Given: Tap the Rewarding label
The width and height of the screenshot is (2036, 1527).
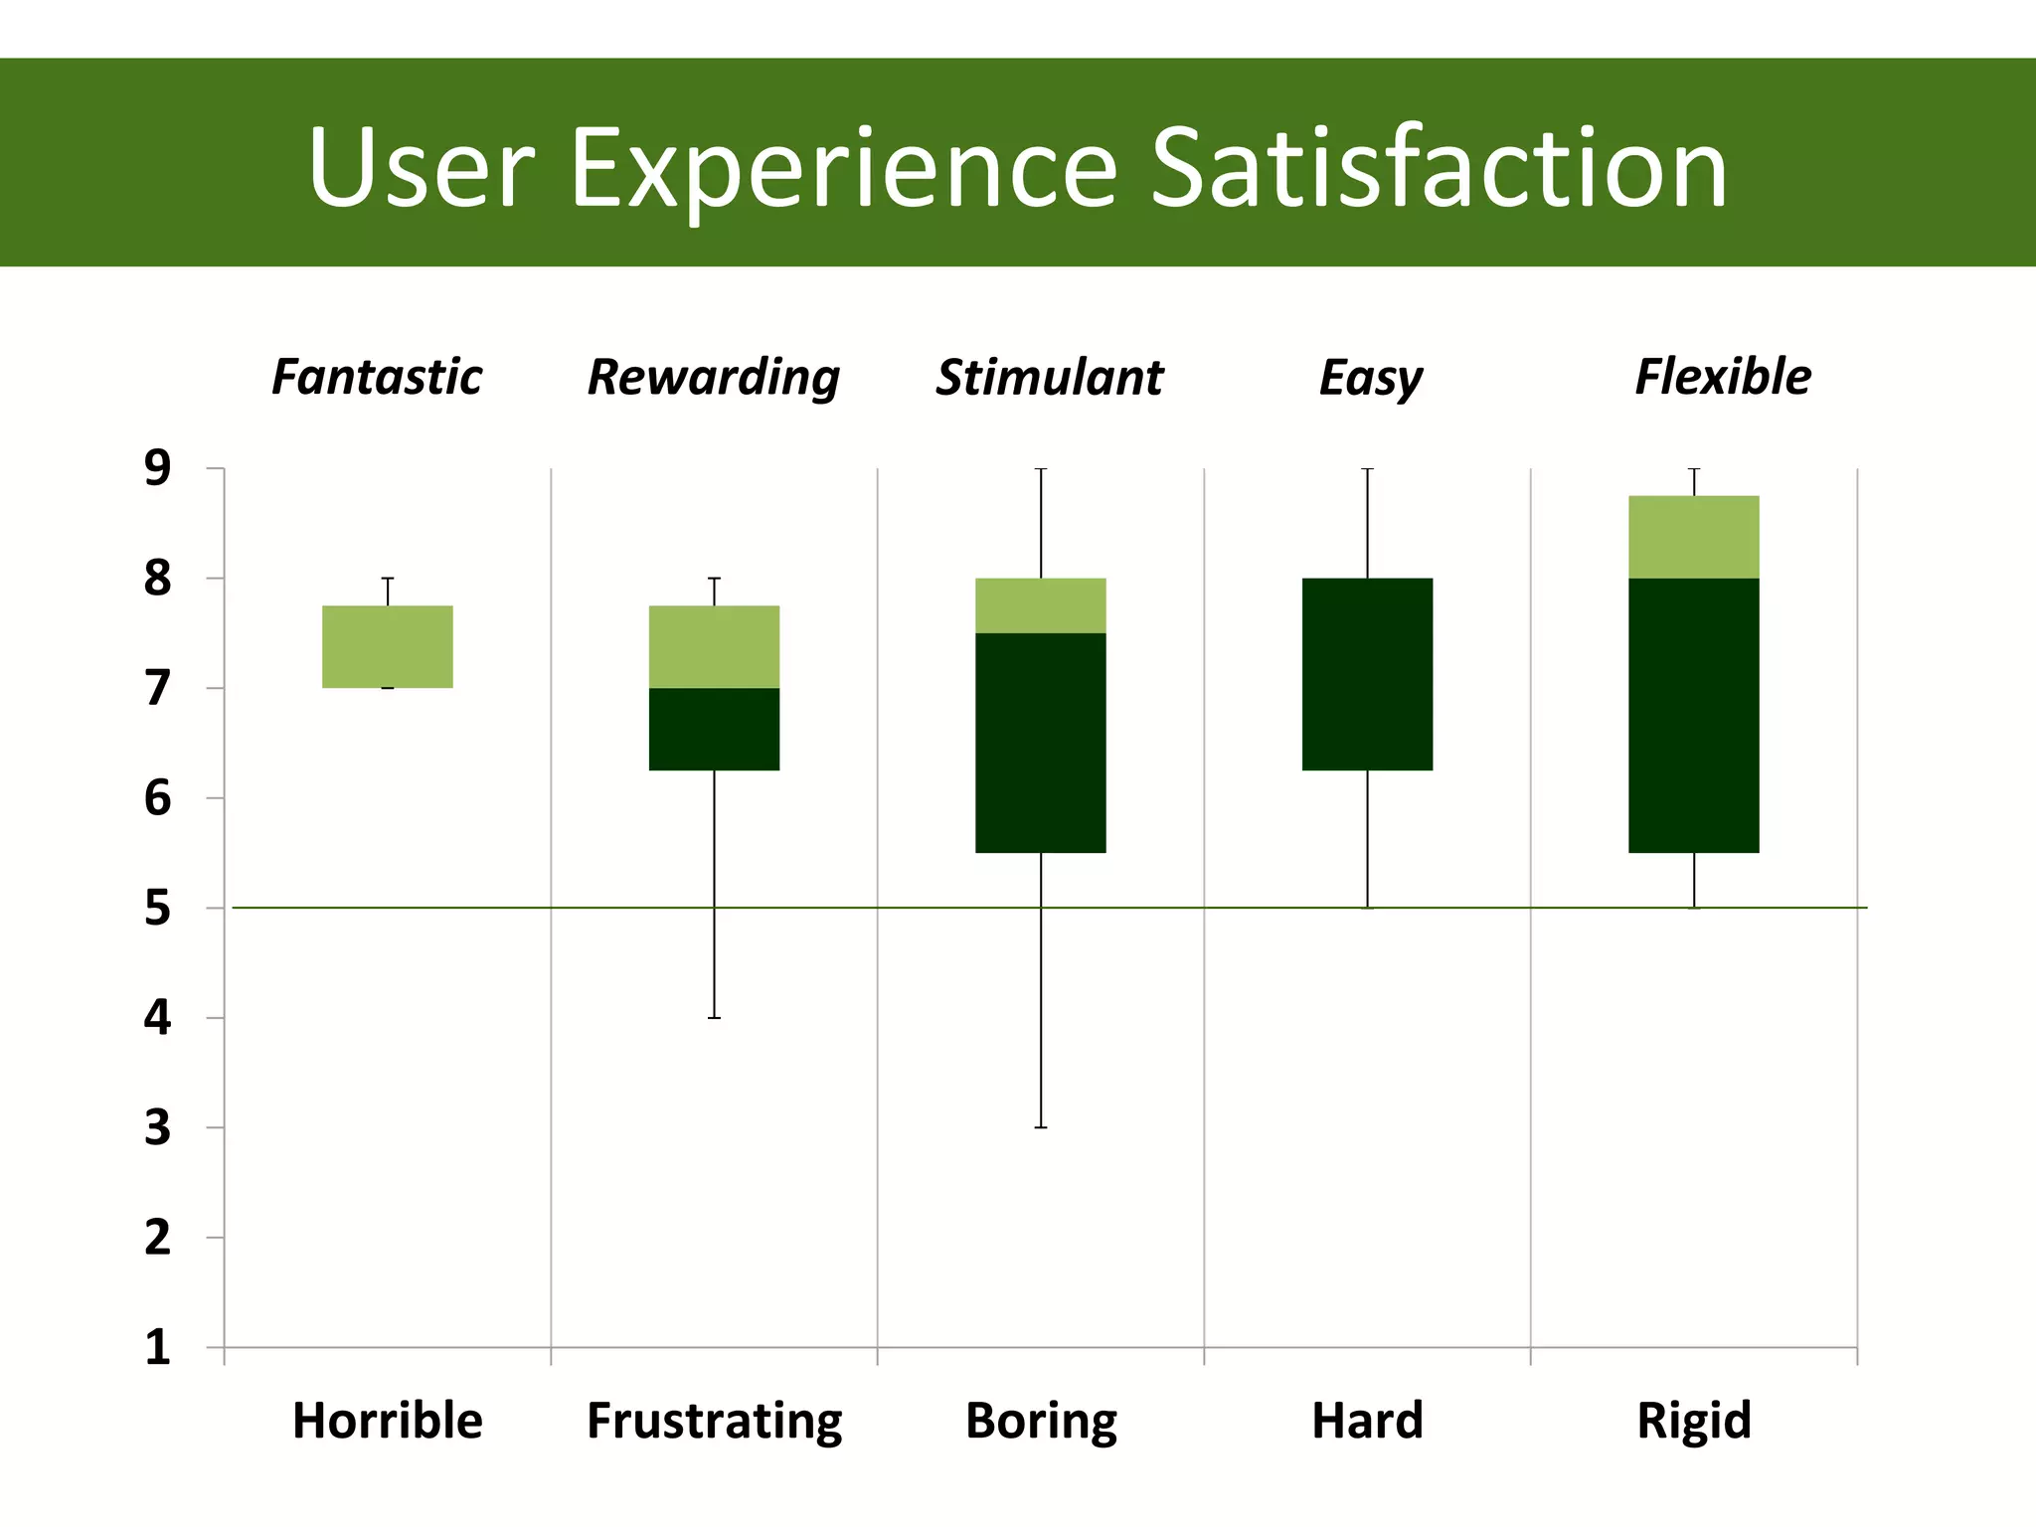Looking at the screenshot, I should [713, 378].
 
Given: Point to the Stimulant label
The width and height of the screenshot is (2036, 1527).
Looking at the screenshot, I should [1049, 378].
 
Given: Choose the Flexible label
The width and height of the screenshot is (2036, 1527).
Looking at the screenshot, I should [1723, 378].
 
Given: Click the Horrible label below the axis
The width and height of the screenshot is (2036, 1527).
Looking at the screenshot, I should [387, 1420].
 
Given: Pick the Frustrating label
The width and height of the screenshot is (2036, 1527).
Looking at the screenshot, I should [714, 1420].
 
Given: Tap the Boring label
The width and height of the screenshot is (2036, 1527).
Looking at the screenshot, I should [1041, 1420].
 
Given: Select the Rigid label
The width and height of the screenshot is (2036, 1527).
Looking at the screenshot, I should [1694, 1420].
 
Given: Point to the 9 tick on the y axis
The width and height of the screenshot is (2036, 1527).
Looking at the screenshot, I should [157, 468].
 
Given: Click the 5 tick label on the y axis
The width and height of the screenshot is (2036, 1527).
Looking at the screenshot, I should [157, 909].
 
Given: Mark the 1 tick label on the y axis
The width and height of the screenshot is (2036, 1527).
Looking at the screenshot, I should [157, 1348].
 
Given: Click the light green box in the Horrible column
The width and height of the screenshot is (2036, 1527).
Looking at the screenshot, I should [388, 646].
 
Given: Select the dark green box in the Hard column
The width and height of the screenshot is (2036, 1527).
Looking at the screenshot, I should [1367, 674].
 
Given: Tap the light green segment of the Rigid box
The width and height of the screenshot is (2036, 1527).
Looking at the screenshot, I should [1694, 537].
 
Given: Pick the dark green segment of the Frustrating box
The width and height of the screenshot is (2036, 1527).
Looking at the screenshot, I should [714, 729].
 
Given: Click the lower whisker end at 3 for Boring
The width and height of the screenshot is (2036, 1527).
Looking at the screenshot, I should [1041, 1127].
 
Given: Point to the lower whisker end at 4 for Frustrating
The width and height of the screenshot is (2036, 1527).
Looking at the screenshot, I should [714, 1018].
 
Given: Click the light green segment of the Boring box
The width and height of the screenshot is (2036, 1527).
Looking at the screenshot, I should [1041, 605].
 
